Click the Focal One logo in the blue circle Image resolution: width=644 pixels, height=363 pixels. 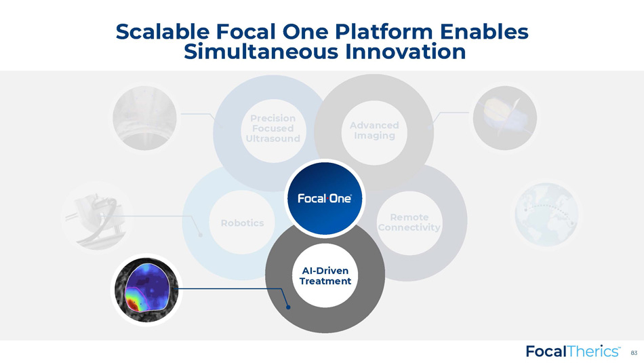pyautogui.click(x=325, y=199)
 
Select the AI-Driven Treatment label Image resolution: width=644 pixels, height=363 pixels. pyautogui.click(x=325, y=276)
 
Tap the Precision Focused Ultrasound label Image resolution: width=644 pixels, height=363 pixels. pyautogui.click(x=273, y=128)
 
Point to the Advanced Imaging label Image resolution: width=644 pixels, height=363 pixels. pyautogui.click(x=374, y=130)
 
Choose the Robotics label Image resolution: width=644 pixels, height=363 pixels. pyautogui.click(x=242, y=223)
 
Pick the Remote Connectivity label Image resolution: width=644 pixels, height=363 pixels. pyautogui.click(x=409, y=222)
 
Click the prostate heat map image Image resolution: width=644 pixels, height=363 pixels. pyautogui.click(x=146, y=290)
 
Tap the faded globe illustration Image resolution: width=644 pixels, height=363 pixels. pyautogui.click(x=546, y=214)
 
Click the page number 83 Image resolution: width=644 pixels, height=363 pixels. pyautogui.click(x=634, y=353)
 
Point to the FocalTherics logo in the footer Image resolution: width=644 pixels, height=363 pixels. pyautogui.click(x=573, y=351)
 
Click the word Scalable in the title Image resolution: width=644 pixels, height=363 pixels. pyautogui.click(x=163, y=32)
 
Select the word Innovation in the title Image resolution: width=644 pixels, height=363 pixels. pyautogui.click(x=405, y=52)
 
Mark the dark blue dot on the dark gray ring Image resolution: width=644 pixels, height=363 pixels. pyautogui.click(x=288, y=307)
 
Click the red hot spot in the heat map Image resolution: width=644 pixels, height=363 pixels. pyautogui.click(x=132, y=305)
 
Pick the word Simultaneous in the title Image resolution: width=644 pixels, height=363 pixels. pyautogui.click(x=261, y=52)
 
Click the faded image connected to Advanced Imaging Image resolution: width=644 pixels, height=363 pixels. pyautogui.click(x=505, y=118)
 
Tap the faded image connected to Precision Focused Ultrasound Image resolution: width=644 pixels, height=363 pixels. pyautogui.click(x=144, y=118)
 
